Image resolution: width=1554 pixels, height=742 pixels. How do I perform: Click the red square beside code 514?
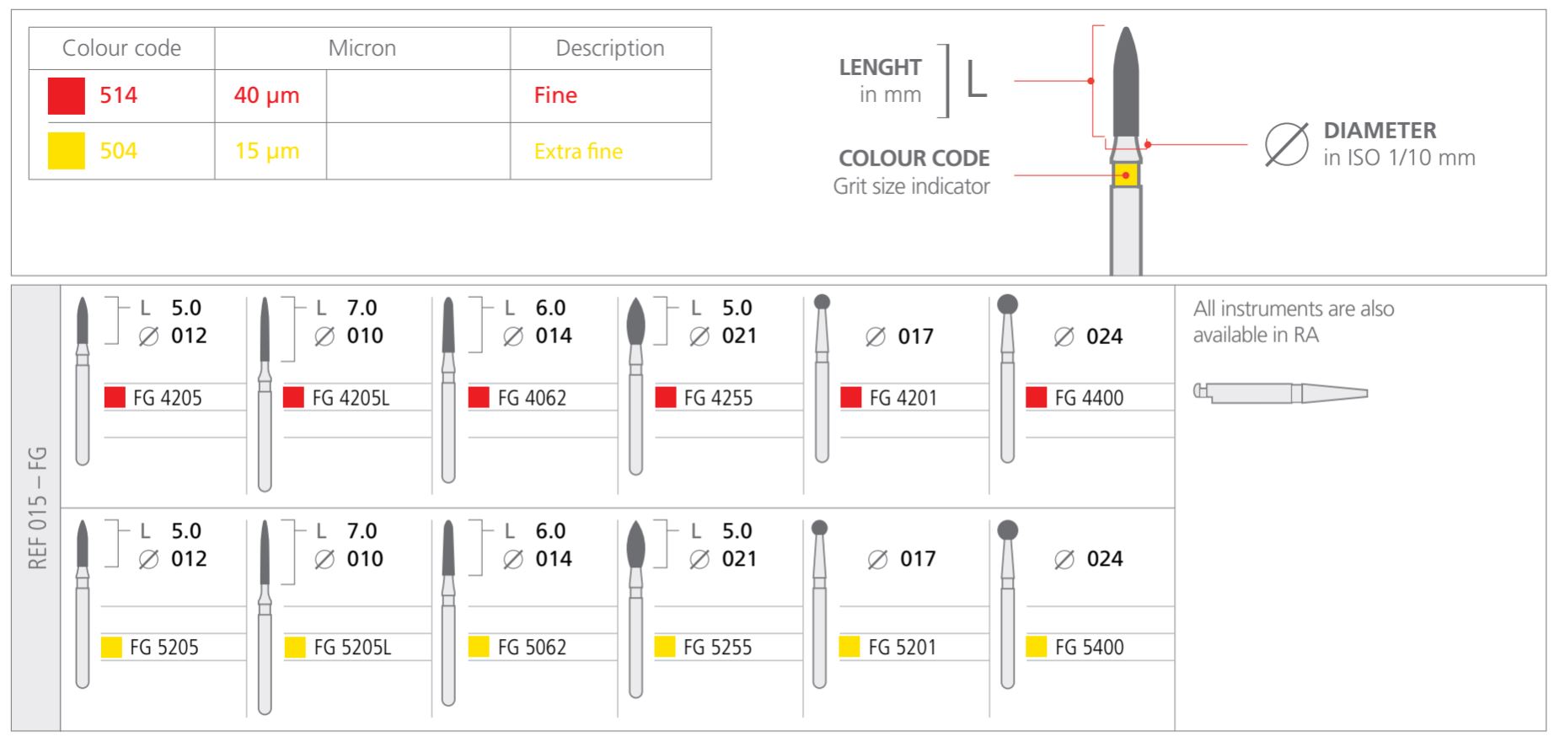67,95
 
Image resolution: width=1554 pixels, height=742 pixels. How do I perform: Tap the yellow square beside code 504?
67,151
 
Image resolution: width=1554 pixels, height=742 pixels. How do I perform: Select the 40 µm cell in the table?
267,95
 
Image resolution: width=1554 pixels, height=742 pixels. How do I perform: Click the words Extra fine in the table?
578,152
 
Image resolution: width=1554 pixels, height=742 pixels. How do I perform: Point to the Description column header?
609,48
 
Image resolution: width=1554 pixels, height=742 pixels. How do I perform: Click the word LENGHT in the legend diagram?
880,67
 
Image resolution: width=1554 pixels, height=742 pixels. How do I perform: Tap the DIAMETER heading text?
1380,131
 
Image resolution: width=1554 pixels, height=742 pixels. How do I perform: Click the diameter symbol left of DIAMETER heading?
1286,144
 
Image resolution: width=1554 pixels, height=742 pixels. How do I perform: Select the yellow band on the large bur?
1126,175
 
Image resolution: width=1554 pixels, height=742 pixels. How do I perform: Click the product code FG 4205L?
351,398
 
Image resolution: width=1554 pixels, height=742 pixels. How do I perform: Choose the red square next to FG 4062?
479,397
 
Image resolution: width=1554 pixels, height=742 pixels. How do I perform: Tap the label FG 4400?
1089,398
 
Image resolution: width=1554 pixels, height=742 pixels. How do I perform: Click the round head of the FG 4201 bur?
823,301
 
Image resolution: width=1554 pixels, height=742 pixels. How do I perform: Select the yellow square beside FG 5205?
111,647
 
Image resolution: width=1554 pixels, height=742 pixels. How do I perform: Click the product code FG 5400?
1089,648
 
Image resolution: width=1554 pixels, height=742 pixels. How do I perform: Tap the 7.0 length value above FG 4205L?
362,308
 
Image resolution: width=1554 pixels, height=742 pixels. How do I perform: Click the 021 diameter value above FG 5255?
739,559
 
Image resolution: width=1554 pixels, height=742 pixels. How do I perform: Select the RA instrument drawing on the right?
1280,393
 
